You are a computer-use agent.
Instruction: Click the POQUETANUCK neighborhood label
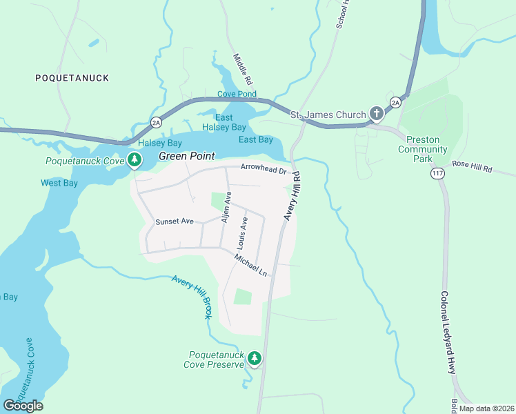[72, 78]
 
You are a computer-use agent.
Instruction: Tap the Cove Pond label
[237, 94]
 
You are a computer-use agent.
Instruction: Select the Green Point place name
[187, 156]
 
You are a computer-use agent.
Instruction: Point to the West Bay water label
[59, 183]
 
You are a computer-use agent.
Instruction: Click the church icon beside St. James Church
[376, 113]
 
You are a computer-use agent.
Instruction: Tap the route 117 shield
[437, 173]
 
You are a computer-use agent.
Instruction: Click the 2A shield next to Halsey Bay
[156, 123]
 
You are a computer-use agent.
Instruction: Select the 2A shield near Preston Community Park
[395, 102]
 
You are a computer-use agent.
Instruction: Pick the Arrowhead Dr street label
[263, 168]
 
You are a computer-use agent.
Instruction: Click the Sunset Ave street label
[175, 221]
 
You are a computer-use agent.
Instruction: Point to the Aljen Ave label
[225, 207]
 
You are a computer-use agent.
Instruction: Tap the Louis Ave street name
[242, 233]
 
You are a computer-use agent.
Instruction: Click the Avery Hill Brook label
[192, 297]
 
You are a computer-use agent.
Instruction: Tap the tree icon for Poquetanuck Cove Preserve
[255, 357]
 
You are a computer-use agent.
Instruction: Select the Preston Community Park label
[424, 149]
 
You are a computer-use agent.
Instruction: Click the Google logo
[23, 406]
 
